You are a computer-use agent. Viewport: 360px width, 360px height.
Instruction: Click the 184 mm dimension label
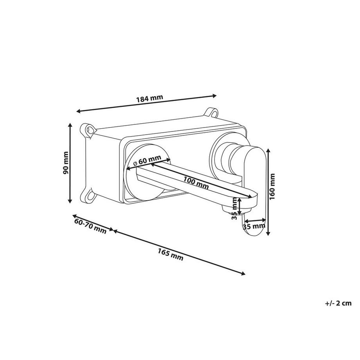pyautogui.click(x=150, y=98)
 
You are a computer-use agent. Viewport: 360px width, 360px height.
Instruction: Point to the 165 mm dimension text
pyautogui.click(x=170, y=255)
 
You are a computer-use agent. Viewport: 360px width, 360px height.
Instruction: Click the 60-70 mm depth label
pyautogui.click(x=90, y=226)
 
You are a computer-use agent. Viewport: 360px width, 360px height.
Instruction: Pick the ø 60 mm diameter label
pyautogui.click(x=147, y=160)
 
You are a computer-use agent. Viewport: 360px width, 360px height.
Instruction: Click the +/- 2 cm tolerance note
pyautogui.click(x=338, y=303)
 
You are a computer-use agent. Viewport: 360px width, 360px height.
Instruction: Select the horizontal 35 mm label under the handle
pyautogui.click(x=254, y=227)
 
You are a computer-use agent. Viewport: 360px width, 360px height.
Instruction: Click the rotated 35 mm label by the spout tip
pyautogui.click(x=234, y=209)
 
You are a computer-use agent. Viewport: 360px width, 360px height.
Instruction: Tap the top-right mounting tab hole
pyautogui.click(x=214, y=113)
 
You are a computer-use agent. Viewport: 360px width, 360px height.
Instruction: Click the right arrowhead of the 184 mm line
pyautogui.click(x=214, y=96)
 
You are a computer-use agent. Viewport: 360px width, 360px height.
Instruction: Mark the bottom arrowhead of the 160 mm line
pyautogui.click(x=268, y=233)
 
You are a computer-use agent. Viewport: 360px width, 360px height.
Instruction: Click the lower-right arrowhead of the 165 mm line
pyautogui.click(x=243, y=273)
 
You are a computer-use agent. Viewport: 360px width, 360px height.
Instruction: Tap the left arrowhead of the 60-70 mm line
pyautogui.click(x=75, y=216)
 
